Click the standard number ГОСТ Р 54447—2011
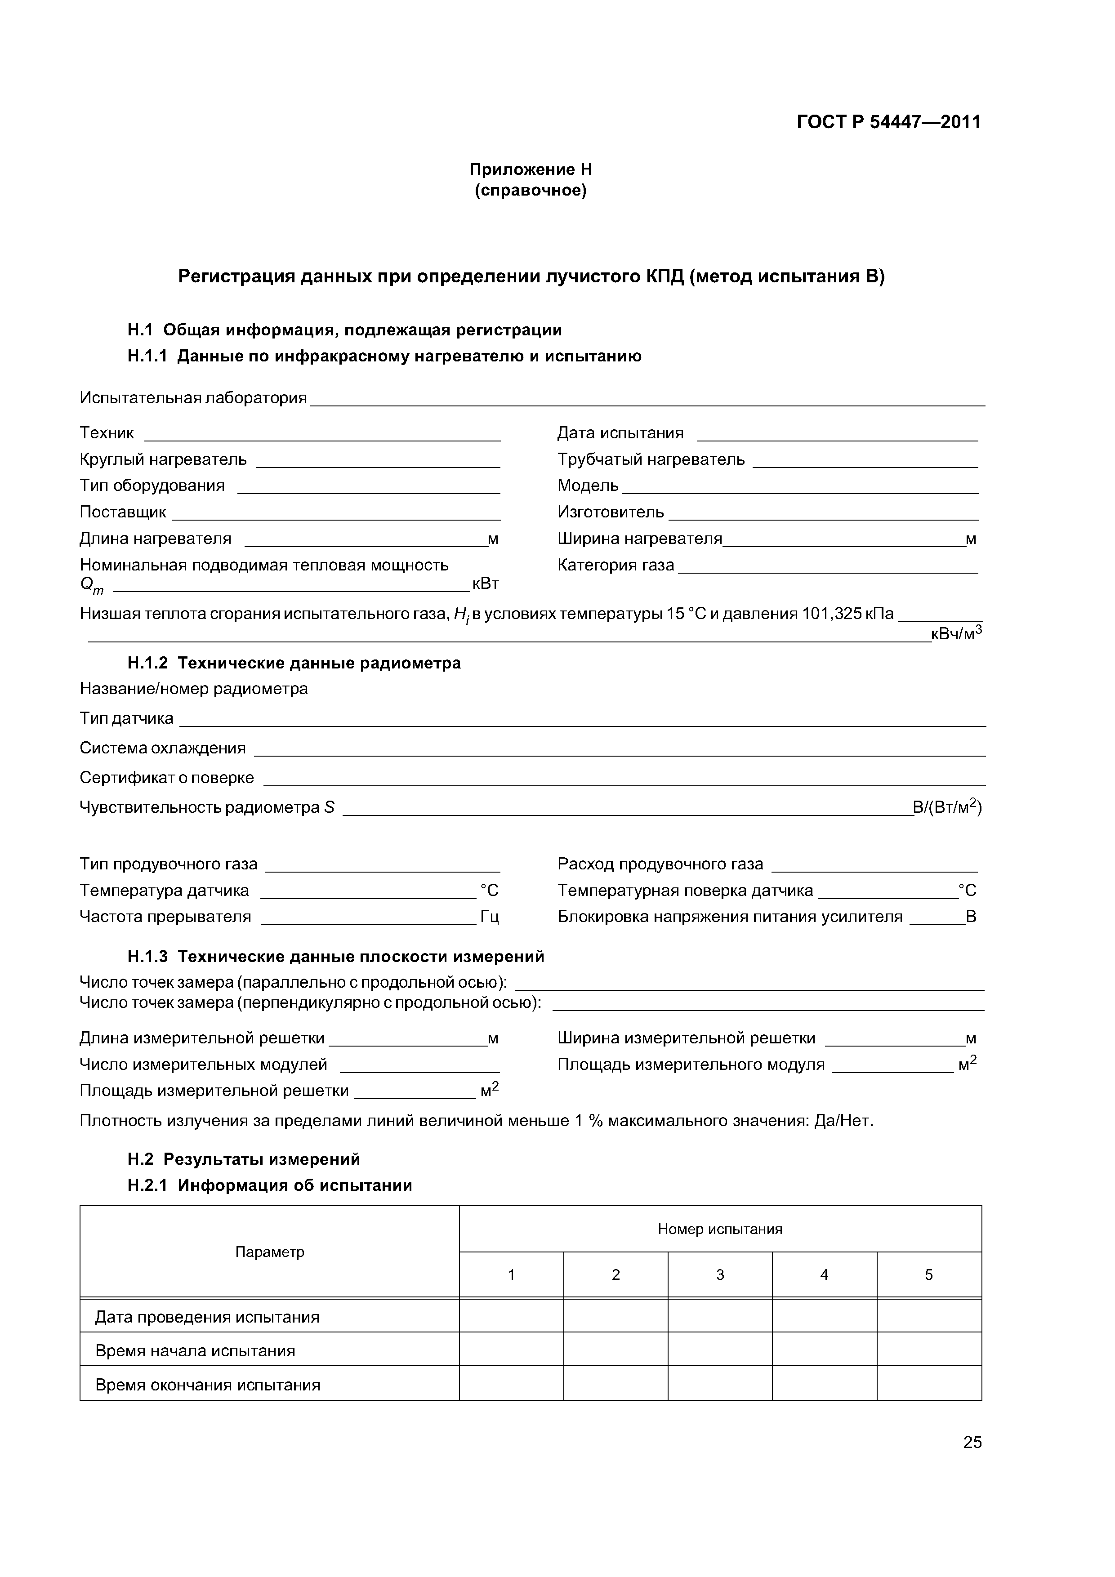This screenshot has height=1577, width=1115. [888, 122]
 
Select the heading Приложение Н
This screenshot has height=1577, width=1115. [531, 169]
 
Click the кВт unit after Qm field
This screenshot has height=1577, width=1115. [485, 584]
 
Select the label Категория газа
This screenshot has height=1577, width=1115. [615, 565]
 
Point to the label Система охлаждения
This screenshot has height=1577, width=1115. [163, 748]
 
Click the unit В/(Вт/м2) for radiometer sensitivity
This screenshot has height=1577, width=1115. [947, 808]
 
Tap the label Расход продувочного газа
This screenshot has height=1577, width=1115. [660, 864]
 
